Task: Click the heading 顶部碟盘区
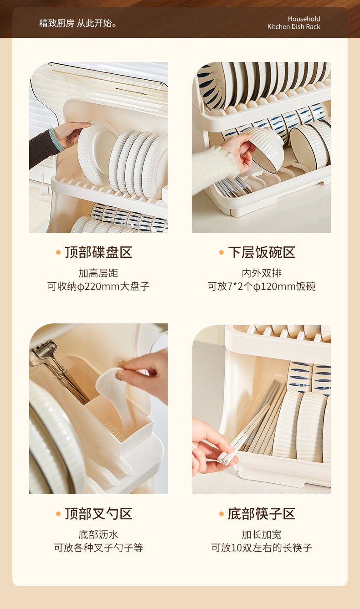(x=98, y=252)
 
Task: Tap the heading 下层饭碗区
(x=262, y=252)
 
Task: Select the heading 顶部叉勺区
(x=98, y=513)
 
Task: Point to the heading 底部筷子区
(x=262, y=513)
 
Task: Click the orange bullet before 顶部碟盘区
(x=58, y=252)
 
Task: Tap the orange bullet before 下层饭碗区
(x=221, y=252)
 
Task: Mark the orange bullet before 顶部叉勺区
(x=58, y=513)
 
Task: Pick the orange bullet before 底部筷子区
(x=221, y=513)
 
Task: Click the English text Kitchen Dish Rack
(x=293, y=26)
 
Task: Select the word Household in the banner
(x=304, y=19)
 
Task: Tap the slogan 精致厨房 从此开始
(x=78, y=23)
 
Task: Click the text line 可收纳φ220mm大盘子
(x=98, y=287)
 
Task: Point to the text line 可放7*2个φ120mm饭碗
(x=262, y=287)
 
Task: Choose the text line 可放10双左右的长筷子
(x=262, y=548)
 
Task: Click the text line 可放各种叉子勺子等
(x=98, y=548)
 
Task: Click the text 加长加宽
(x=262, y=534)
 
